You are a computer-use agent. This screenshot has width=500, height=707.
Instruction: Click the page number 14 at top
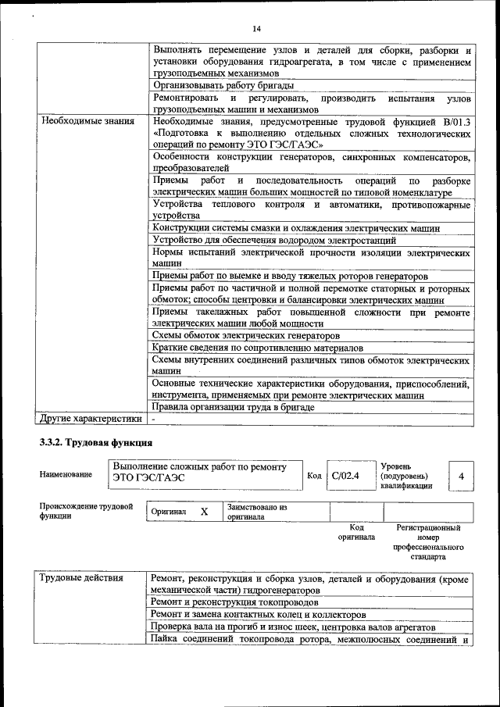tap(255, 29)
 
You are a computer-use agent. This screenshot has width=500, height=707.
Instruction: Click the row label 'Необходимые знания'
tap(87, 121)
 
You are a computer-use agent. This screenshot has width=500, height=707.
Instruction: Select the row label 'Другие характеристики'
tap(91, 418)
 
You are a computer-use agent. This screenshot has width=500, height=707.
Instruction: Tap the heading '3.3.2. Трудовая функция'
tap(87, 443)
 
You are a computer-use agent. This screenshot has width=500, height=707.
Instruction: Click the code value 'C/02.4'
tap(344, 474)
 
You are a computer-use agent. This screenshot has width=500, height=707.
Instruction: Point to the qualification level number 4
tap(461, 475)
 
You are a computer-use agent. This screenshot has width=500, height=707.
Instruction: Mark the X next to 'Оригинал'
tap(204, 512)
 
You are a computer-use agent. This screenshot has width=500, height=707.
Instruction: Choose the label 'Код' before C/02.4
tap(314, 475)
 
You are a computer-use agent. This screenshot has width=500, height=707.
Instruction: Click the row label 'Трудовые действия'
tap(81, 578)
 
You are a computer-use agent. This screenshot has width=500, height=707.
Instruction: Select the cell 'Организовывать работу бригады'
tap(223, 85)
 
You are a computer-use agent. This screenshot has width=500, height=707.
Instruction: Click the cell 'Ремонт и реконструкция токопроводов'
tap(234, 603)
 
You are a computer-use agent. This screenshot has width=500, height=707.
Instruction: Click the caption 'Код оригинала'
tap(356, 532)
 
